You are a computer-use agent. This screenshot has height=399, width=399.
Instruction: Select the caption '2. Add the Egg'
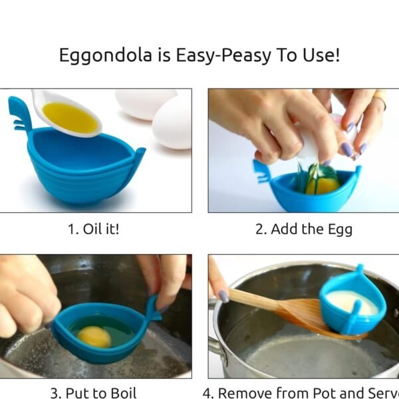pos(303,229)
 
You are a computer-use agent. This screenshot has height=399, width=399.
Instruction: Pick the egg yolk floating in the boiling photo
pos(94,337)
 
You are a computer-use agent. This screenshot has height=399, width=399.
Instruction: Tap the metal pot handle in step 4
pos(214,346)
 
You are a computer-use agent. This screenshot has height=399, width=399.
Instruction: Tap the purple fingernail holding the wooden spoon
pos(223,296)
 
